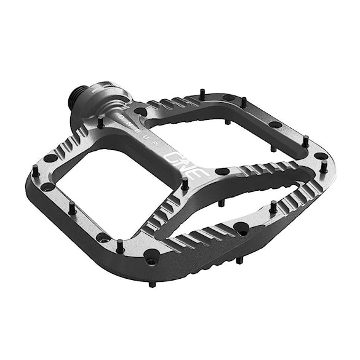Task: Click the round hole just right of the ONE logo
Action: [x=222, y=172]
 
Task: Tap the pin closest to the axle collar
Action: [x=100, y=122]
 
